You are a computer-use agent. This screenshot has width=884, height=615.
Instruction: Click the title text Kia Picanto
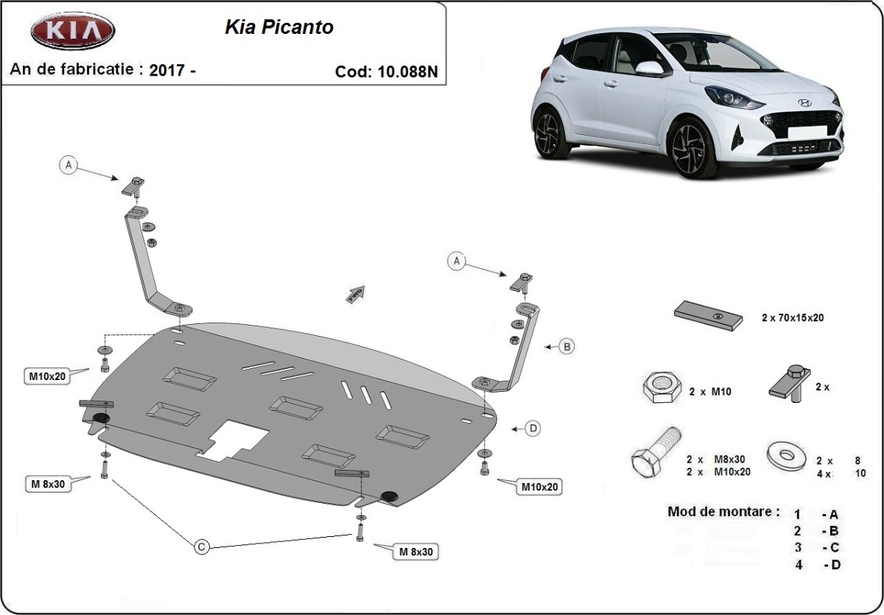[x=278, y=27]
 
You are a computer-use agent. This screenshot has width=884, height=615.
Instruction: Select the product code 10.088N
[x=407, y=71]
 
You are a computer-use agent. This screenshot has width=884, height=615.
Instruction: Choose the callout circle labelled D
[x=533, y=428]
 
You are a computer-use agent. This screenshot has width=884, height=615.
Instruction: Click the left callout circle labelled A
[x=69, y=166]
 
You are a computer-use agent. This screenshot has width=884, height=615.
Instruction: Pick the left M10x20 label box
[x=48, y=376]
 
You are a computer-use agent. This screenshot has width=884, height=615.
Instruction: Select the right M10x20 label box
[x=541, y=486]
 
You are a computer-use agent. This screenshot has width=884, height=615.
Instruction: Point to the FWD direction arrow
[x=356, y=293]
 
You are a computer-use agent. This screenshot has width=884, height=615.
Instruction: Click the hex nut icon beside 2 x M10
[x=660, y=387]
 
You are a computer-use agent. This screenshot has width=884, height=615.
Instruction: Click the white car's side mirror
[x=649, y=68]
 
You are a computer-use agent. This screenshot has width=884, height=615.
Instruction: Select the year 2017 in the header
[x=167, y=71]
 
